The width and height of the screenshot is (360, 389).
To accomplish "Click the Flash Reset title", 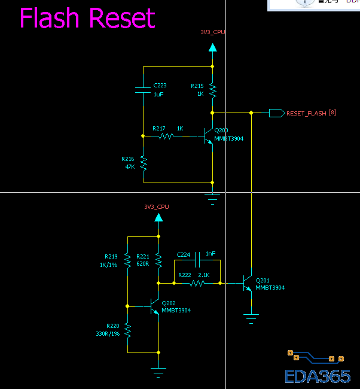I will pos(87,19).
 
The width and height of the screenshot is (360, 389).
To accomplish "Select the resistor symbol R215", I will pos(212,90).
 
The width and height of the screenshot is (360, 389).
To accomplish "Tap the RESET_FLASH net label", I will pos(306,113).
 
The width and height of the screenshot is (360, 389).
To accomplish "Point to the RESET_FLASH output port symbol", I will pos(276,113).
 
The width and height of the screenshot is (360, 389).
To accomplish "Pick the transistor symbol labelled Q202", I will pos(154,306).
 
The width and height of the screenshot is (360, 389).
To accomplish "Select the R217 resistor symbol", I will pos(166,136).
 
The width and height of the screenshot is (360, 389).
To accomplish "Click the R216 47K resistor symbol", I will pos(144,162).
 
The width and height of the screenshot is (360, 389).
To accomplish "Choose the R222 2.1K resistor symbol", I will pos(197,283).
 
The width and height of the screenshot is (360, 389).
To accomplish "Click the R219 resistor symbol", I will pos(127,260).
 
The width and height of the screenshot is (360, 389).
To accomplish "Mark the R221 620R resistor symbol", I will pos(158,260).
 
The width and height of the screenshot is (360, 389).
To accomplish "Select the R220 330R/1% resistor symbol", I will pos(127,329).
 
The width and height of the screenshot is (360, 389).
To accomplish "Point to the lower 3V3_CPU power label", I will pos(157,207).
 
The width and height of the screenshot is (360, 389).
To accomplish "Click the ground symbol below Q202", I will pos(158,372).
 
